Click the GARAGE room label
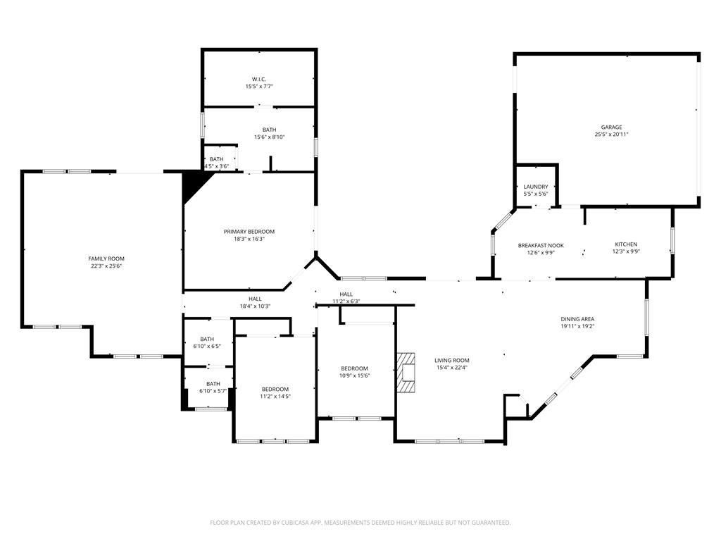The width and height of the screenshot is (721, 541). click(x=611, y=127)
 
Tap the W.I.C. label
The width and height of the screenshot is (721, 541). click(x=259, y=79)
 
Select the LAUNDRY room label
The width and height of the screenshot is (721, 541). click(x=536, y=187)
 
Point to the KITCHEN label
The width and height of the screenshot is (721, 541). click(x=626, y=244)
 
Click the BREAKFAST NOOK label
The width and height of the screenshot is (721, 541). click(x=541, y=246)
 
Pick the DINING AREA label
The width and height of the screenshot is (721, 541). click(x=577, y=319)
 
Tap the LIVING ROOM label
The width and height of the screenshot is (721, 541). click(x=452, y=361)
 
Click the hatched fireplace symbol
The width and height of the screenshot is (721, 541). click(x=406, y=372)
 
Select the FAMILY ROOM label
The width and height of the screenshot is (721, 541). click(x=106, y=259)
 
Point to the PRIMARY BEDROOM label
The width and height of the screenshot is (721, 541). click(x=249, y=231)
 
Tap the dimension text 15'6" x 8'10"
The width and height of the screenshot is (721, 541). click(x=270, y=137)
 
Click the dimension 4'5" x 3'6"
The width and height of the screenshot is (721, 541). click(x=217, y=166)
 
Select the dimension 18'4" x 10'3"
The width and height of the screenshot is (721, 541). click(x=255, y=306)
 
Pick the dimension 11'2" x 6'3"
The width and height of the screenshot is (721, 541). click(x=346, y=301)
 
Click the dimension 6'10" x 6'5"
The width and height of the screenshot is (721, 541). click(x=207, y=346)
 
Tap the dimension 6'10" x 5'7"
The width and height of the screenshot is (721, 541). click(x=213, y=391)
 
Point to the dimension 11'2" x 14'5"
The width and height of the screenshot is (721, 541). click(x=275, y=396)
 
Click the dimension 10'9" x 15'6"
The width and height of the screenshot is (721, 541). click(x=355, y=375)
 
